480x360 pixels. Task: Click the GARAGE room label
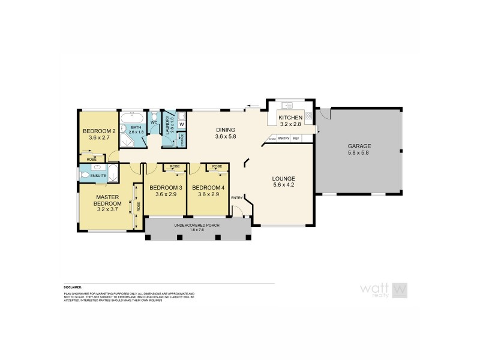click(x=359, y=146)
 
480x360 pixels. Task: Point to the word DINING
click(x=226, y=130)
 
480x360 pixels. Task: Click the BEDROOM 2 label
click(x=98, y=131)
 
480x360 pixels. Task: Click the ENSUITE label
click(x=98, y=176)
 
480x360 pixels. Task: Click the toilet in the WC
click(x=154, y=116)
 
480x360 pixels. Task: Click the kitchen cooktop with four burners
click(x=308, y=115)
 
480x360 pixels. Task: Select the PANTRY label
click(x=283, y=139)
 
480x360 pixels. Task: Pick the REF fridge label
click(x=296, y=139)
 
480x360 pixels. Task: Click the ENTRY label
click(x=237, y=198)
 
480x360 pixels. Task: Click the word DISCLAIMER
click(x=72, y=287)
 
